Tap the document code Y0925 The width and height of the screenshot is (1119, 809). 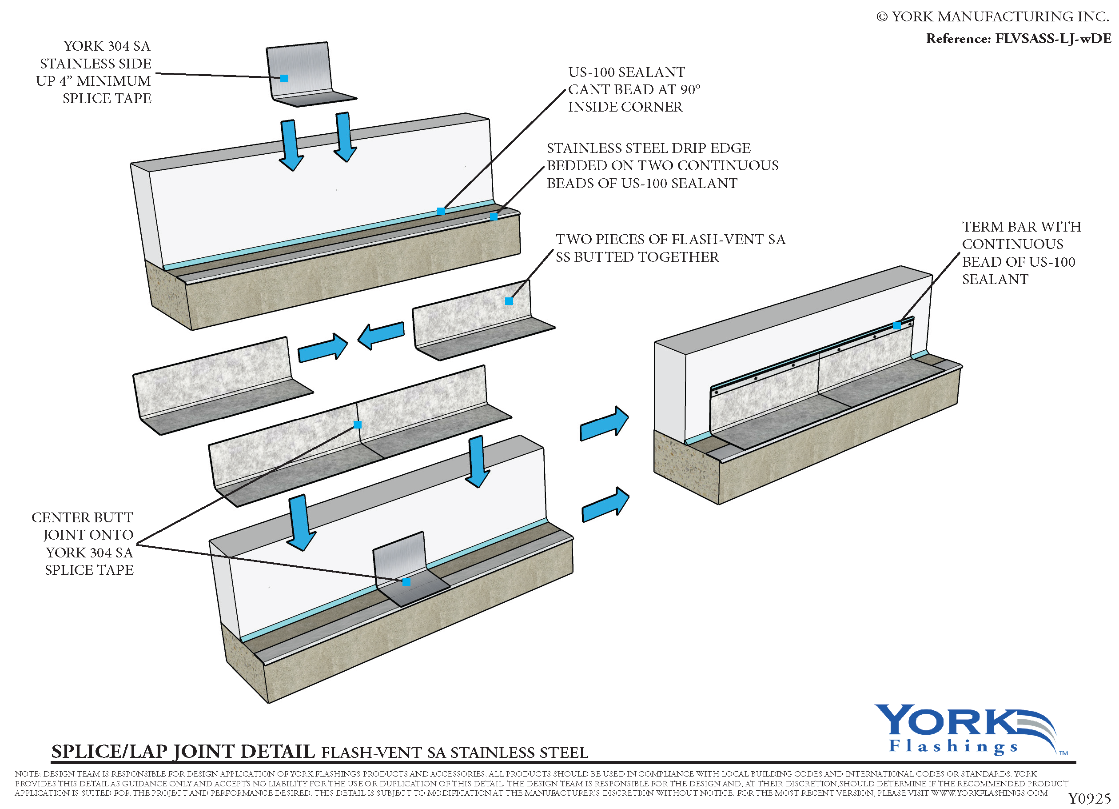(x=1088, y=799)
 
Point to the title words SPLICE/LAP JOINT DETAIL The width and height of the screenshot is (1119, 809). (x=183, y=752)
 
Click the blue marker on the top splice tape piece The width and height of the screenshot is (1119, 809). (x=284, y=79)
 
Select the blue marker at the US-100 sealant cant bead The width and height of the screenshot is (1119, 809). (x=441, y=211)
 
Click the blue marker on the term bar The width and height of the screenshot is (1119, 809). (x=896, y=325)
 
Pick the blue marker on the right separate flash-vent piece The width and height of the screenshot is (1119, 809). (x=509, y=301)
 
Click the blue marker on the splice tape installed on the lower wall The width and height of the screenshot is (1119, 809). (x=406, y=582)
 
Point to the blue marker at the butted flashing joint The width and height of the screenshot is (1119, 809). (x=358, y=425)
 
